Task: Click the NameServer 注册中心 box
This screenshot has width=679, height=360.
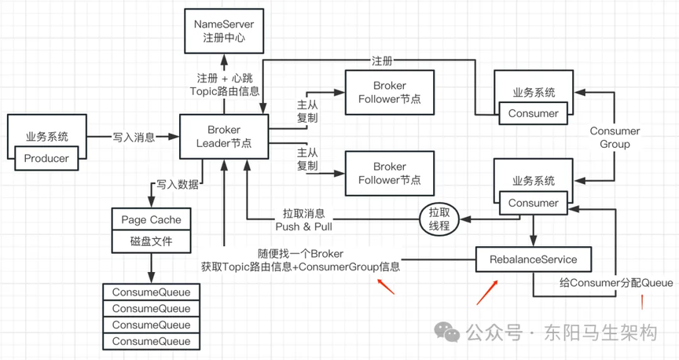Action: tap(224, 31)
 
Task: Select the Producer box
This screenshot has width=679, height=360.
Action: tap(46, 158)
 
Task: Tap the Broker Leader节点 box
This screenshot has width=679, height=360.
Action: tap(224, 137)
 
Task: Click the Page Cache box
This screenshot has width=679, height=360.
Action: tap(151, 219)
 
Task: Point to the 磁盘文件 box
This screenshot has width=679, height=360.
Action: tap(151, 242)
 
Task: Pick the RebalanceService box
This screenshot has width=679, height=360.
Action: tap(534, 259)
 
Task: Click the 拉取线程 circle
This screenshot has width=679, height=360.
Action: tap(439, 219)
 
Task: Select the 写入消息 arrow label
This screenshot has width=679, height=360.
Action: tap(134, 138)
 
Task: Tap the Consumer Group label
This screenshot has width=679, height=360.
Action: tap(615, 138)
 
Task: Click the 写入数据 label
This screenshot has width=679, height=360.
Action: tap(178, 185)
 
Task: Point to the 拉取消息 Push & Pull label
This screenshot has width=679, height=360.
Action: tap(304, 219)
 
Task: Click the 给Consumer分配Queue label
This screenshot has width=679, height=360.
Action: tap(616, 283)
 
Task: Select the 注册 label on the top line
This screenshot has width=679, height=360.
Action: tap(382, 61)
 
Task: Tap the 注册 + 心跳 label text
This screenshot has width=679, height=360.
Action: tap(225, 78)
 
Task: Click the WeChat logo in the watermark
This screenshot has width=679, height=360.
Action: tap(447, 332)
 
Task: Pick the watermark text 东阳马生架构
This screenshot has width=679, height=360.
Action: tap(601, 332)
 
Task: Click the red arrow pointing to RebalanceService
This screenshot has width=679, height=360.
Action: tap(487, 292)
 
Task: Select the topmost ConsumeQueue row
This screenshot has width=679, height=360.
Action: tap(151, 292)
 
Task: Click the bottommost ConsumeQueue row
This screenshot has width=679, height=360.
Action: tap(151, 341)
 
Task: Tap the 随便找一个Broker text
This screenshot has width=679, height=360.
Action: tap(300, 253)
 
